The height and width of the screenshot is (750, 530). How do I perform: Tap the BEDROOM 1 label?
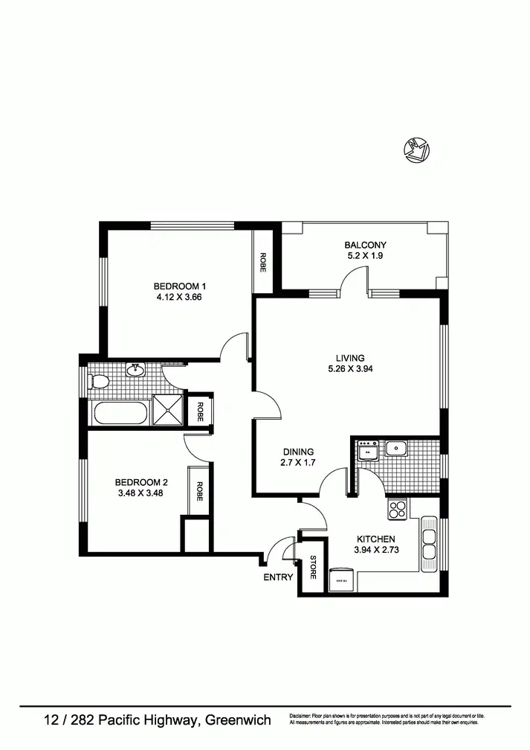(179, 286)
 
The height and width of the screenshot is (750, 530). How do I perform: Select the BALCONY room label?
(365, 245)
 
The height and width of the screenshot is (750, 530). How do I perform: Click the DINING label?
(298, 452)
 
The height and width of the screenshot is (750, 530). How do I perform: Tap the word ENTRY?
(277, 577)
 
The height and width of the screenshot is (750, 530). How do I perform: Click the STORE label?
(313, 568)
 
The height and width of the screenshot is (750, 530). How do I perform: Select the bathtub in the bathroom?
(119, 413)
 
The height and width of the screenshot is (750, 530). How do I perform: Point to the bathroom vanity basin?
(136, 370)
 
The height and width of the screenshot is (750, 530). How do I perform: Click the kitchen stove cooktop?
(397, 510)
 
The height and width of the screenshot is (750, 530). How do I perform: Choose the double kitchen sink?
(429, 543)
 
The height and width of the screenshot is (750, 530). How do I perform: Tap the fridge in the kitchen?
(342, 579)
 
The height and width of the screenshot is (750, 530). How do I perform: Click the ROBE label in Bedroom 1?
(262, 262)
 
